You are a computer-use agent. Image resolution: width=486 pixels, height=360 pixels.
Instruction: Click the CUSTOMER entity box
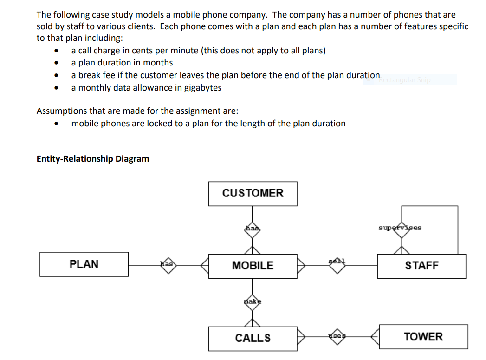253,193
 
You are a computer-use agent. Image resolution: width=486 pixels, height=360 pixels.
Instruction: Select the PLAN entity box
84,264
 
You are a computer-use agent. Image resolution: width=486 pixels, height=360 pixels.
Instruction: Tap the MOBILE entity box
253,266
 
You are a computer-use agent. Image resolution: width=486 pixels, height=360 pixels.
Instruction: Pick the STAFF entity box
421,266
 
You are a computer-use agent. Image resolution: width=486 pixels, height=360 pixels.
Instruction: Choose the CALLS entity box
253,338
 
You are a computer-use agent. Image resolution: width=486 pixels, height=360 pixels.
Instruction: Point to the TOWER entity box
423,337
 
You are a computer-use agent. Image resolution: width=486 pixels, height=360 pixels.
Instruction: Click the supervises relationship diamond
400,229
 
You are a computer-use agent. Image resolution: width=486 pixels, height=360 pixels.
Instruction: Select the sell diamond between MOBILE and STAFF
337,265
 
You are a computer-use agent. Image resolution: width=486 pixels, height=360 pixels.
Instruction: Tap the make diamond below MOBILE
253,301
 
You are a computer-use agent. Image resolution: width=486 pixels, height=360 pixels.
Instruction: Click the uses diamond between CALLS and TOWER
337,336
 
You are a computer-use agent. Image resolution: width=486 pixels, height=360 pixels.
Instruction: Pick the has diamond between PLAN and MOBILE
167,264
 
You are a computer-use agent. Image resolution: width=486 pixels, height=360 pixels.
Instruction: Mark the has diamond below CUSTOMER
253,229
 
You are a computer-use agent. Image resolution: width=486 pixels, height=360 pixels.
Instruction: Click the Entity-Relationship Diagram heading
93,159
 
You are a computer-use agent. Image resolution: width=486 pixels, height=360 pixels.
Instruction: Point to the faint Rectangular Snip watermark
405,80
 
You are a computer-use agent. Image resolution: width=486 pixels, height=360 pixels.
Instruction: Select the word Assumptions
60,111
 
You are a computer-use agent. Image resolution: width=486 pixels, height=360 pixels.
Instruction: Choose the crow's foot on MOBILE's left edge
205,265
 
